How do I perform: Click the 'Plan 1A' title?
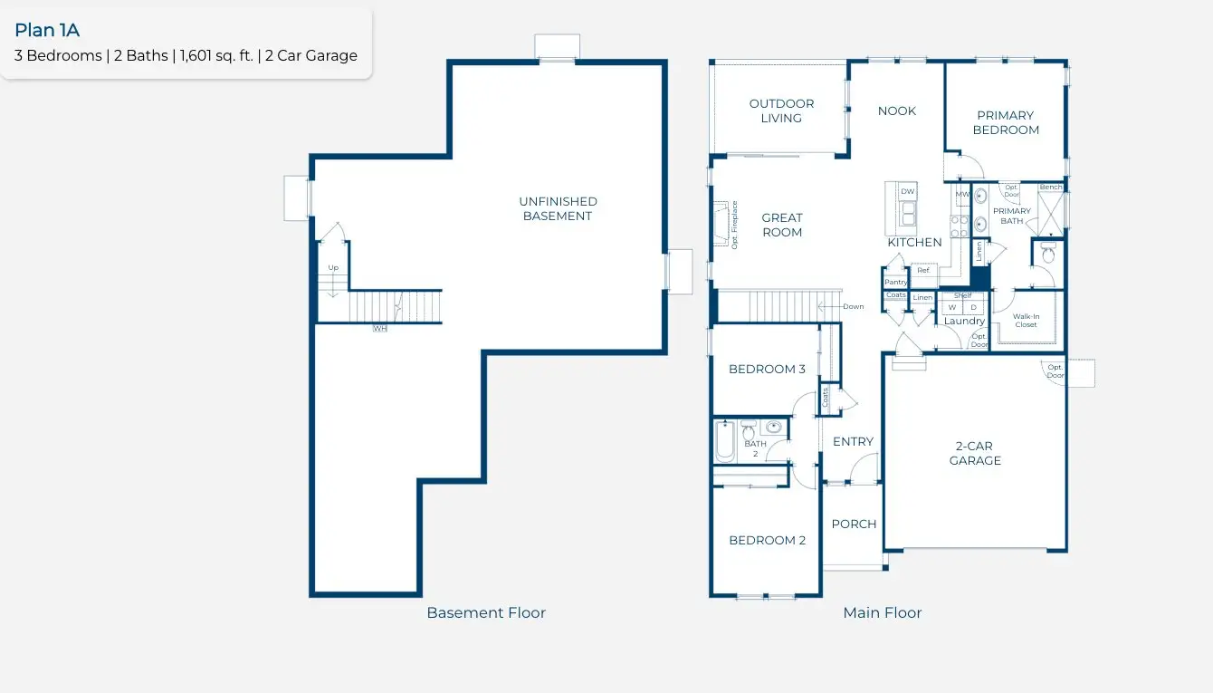[x=47, y=31]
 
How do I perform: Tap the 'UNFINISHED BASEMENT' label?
[x=558, y=208]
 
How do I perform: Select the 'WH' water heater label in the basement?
[x=380, y=328]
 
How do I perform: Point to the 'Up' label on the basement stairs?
[x=333, y=268]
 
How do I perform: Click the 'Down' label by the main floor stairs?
[x=853, y=306]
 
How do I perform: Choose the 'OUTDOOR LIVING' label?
[x=781, y=111]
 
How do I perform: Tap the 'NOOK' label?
[x=896, y=111]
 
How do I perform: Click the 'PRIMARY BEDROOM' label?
[x=1006, y=122]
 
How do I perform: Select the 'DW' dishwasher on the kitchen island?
[x=908, y=192]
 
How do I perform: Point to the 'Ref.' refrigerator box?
[x=923, y=270]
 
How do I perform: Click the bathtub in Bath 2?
[x=725, y=441]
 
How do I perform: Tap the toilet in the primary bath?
[x=1048, y=254]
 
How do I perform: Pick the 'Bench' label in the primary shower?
[x=1051, y=188]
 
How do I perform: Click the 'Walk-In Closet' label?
[x=1026, y=320]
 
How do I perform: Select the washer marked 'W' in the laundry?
[x=951, y=307]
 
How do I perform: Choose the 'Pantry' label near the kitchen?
[x=895, y=282]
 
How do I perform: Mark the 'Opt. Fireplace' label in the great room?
[x=734, y=224]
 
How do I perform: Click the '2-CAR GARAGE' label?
[x=975, y=453]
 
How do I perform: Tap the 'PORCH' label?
[x=854, y=524]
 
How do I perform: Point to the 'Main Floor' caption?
[x=882, y=613]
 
